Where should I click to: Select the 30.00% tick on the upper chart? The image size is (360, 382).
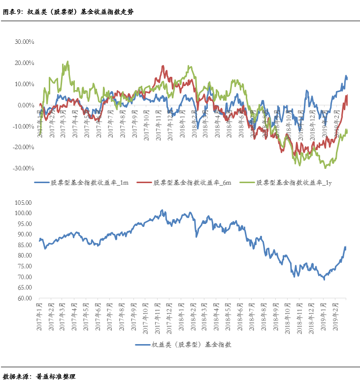pyautogui.click(x=23, y=42)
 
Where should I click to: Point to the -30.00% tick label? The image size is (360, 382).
pyautogui.click(x=22, y=168)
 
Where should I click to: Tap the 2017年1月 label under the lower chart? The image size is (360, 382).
pyautogui.click(x=40, y=313)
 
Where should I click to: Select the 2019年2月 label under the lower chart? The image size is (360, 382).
pyautogui.click(x=336, y=313)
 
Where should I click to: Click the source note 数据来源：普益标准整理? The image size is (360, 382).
pyautogui.click(x=39, y=376)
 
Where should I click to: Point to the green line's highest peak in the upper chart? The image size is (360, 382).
pyautogui.click(x=67, y=62)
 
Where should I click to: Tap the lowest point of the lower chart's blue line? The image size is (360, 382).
pyautogui.click(x=324, y=280)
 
